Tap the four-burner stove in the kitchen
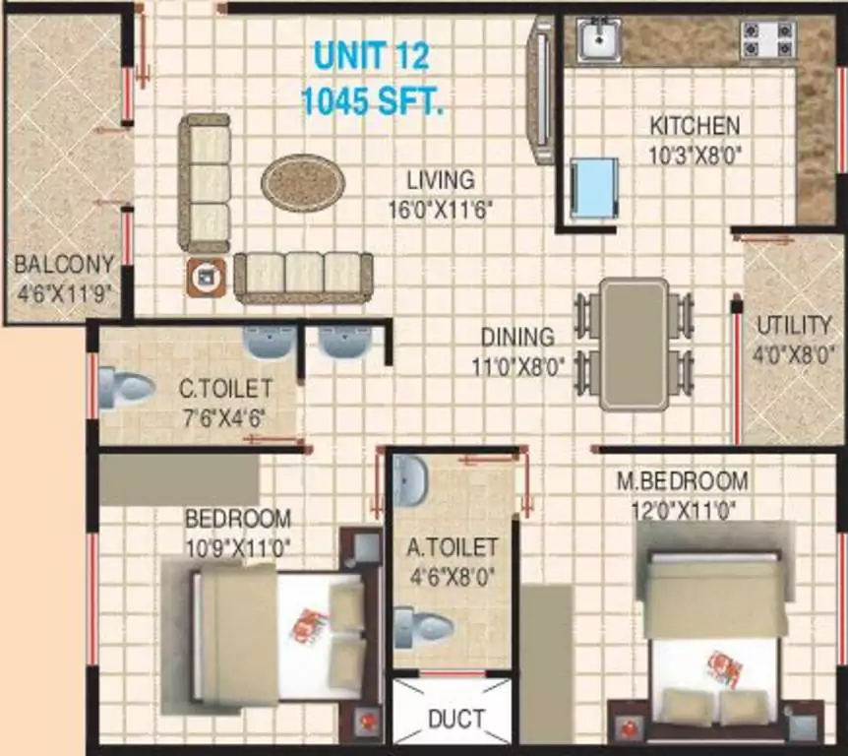pyautogui.click(x=768, y=39)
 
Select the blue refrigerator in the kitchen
pyautogui.click(x=594, y=188)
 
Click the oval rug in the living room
pyautogui.click(x=303, y=183)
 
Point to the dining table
pyautogui.click(x=634, y=345)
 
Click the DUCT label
pyautogui.click(x=456, y=719)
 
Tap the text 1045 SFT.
pyautogui.click(x=372, y=100)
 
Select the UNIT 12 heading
pyautogui.click(x=372, y=56)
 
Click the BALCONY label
pyautogui.click(x=64, y=265)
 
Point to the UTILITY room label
pyautogui.click(x=793, y=326)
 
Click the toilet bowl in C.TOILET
pyautogui.click(x=127, y=388)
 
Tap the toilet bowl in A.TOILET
pyautogui.click(x=423, y=628)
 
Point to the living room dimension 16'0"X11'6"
pyautogui.click(x=441, y=210)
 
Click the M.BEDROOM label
pyautogui.click(x=683, y=481)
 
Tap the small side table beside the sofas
pyautogui.click(x=206, y=277)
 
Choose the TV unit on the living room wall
pyautogui.click(x=541, y=90)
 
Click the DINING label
pyautogui.click(x=517, y=337)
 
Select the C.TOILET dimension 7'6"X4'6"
pyautogui.click(x=223, y=418)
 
